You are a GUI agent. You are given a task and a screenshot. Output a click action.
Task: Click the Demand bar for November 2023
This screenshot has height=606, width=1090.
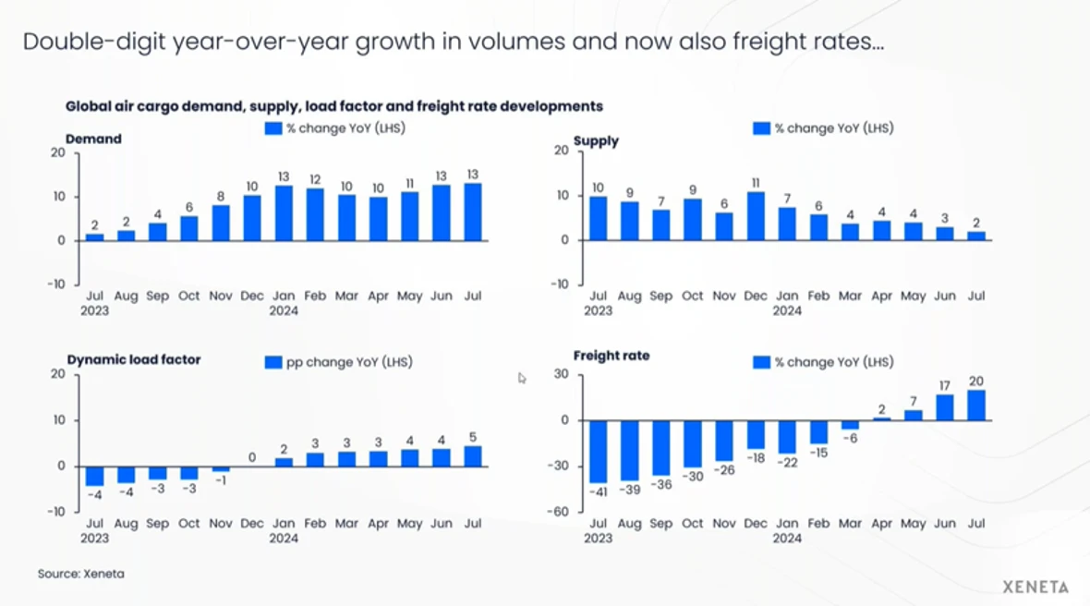point(221,223)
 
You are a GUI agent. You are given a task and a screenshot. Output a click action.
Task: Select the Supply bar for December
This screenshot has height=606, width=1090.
point(756,217)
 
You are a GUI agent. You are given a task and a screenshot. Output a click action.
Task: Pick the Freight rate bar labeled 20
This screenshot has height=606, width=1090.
point(976,406)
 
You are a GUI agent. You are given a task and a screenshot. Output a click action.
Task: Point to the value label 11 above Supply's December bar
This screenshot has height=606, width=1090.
point(756,183)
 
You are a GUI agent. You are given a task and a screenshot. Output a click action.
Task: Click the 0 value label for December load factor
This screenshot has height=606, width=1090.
point(252,456)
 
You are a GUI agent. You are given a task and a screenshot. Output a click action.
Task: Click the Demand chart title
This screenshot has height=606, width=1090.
point(93,139)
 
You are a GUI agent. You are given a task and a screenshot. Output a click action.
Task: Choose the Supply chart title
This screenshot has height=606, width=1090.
point(596,141)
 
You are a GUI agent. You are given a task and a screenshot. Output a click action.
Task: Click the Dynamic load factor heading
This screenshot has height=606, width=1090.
point(134,359)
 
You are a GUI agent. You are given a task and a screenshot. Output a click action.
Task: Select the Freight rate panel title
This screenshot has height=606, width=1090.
point(611,356)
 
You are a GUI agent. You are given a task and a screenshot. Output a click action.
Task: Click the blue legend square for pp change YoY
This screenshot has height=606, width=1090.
point(273,362)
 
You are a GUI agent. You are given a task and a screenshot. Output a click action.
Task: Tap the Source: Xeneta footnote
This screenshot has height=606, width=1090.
point(80,574)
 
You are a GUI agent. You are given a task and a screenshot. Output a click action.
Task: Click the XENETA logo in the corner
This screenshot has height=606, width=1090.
point(1035,587)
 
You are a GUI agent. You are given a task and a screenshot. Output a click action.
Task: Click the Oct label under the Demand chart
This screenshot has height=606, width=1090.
point(189,297)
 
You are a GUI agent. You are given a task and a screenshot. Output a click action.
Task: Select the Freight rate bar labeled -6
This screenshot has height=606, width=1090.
point(850,425)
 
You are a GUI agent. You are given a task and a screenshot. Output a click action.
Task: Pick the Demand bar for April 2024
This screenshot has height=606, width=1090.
point(378,218)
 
